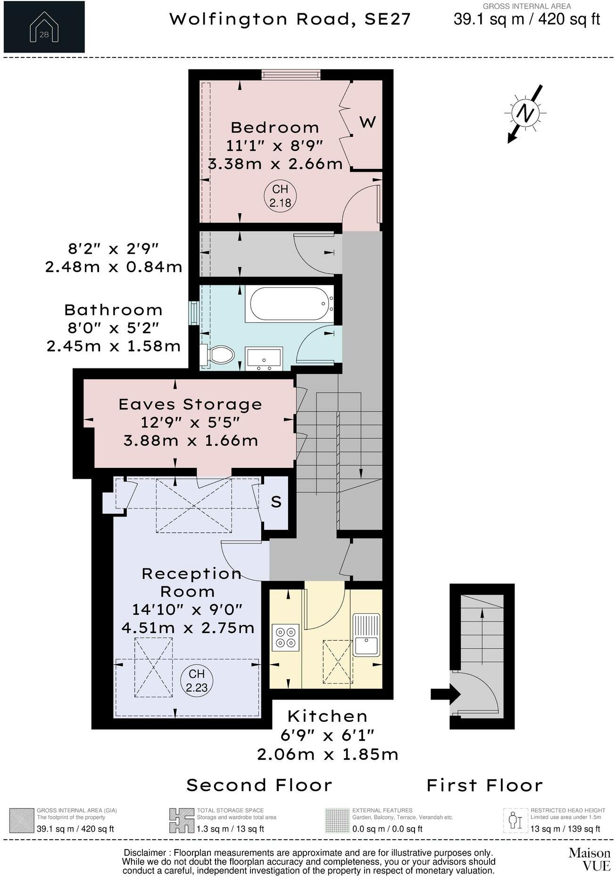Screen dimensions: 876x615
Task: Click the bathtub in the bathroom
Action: [x=289, y=304]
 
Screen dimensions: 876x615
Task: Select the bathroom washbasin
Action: [x=264, y=358]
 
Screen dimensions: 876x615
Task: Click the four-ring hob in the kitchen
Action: [x=286, y=637]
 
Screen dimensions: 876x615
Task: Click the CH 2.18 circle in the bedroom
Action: [x=280, y=196]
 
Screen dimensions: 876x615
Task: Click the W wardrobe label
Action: [x=367, y=122]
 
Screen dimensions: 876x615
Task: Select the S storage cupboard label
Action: [x=276, y=502]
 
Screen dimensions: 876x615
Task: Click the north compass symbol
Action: [x=525, y=113]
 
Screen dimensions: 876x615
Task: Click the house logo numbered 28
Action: [x=44, y=27]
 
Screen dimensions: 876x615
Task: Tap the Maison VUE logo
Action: [x=589, y=859]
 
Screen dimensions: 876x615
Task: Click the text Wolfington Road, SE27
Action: [x=290, y=19]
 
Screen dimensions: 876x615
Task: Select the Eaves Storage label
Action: [x=190, y=404]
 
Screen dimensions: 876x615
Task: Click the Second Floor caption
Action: [x=259, y=785]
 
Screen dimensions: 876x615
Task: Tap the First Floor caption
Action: [x=484, y=785]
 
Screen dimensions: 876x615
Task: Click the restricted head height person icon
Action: [x=515, y=821]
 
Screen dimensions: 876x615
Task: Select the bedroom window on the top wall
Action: [x=291, y=75]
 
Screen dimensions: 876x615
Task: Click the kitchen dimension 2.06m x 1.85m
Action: [x=327, y=754]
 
